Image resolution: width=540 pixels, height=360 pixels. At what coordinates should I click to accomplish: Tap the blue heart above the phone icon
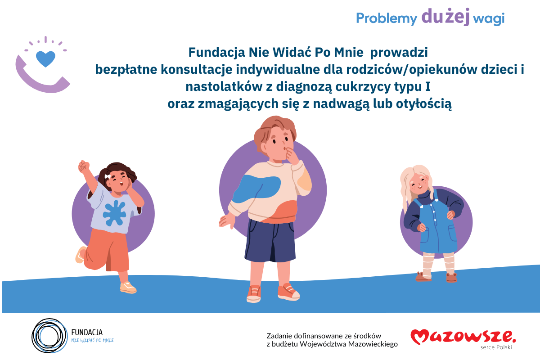pyautogui.click(x=45, y=58)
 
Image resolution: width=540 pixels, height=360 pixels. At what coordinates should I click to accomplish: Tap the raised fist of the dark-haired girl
pyautogui.click(x=84, y=166)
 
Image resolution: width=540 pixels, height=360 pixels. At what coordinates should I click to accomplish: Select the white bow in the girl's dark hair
pyautogui.click(x=107, y=176)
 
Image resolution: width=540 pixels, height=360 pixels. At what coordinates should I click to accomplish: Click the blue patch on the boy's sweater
pyautogui.click(x=257, y=186)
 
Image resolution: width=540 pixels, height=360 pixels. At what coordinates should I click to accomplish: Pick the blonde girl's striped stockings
pyautogui.click(x=437, y=263)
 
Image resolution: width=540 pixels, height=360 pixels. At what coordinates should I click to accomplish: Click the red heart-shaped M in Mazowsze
pyautogui.click(x=422, y=336)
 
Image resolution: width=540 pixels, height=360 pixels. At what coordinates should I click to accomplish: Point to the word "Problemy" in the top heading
pyautogui.click(x=387, y=18)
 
